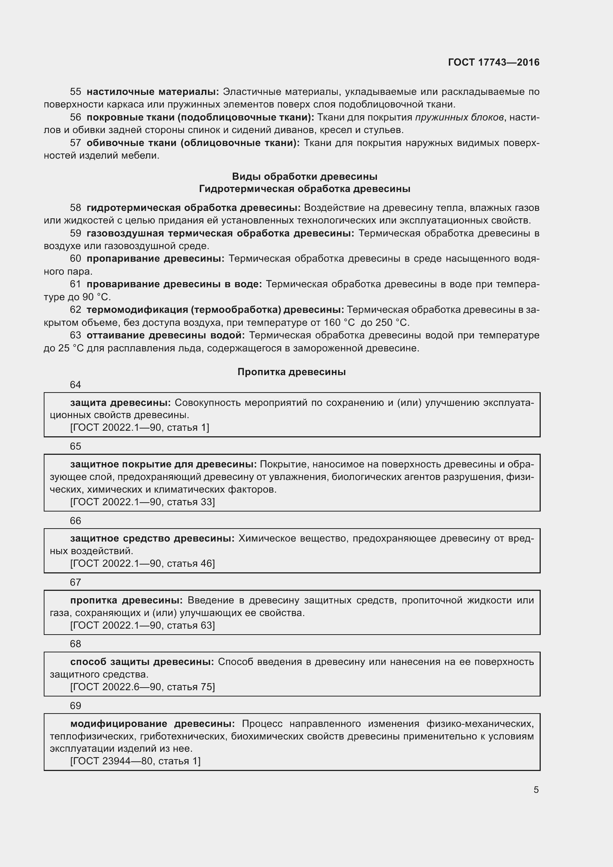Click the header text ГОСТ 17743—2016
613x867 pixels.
coord(493,63)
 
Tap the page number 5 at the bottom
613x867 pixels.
coord(536,790)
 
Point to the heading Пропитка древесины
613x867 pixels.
coord(291,372)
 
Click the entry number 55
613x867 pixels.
coord(76,92)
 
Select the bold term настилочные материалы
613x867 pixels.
coord(152,92)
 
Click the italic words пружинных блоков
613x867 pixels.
coord(459,118)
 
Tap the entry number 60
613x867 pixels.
coord(76,259)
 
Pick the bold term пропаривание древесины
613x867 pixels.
coord(155,259)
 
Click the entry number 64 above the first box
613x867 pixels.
coord(76,385)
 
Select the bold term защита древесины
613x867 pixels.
coord(120,403)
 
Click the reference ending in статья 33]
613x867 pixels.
coord(142,502)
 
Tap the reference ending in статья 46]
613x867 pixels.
coord(142,563)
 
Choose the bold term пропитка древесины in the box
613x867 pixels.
coord(126,600)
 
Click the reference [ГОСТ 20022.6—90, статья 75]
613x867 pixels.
coord(142,687)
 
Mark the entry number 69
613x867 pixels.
coord(76,706)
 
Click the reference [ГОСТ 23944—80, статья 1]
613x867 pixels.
coord(135,761)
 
